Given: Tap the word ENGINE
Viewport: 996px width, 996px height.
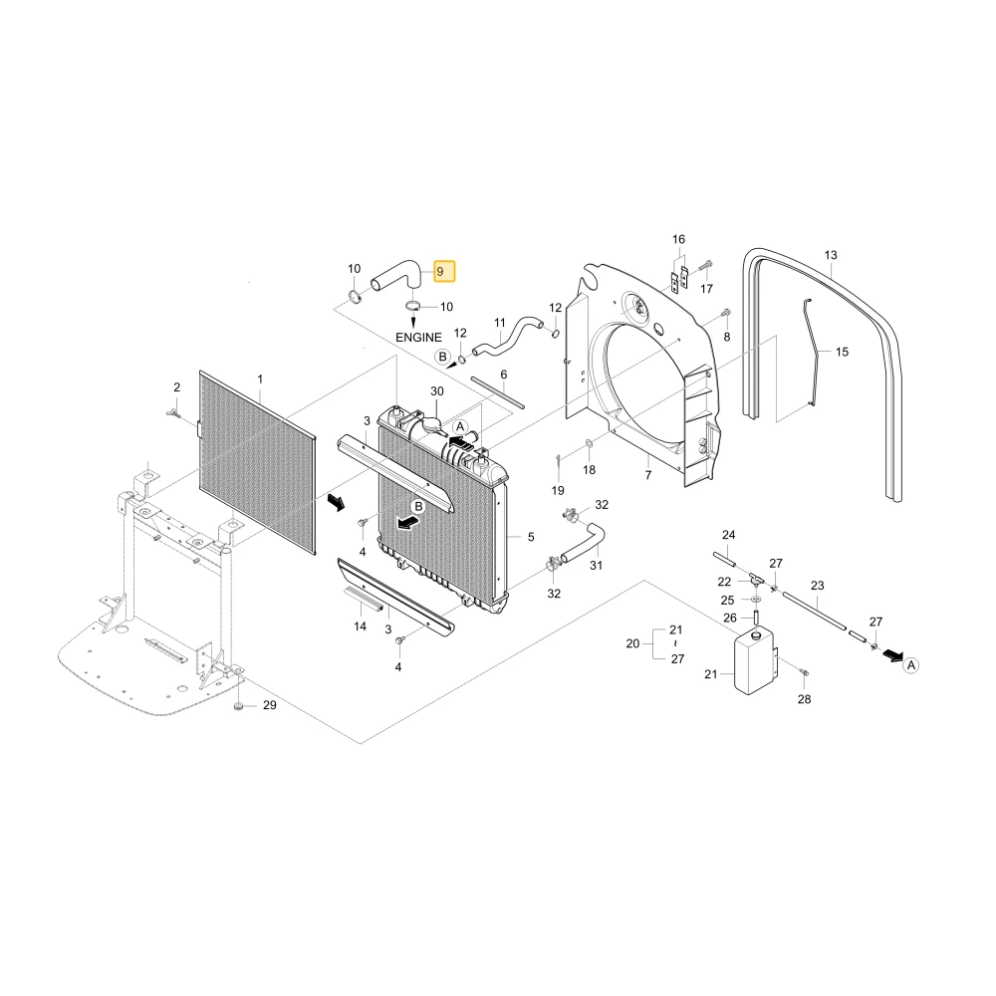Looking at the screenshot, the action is [x=418, y=338].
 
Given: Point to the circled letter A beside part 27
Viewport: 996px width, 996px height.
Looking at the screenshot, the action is [x=911, y=665].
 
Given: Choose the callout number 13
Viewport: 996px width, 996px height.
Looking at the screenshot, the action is [x=831, y=255].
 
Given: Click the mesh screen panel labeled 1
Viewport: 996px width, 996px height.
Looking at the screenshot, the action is [x=257, y=462].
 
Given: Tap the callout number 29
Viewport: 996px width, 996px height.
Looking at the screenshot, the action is [x=269, y=705].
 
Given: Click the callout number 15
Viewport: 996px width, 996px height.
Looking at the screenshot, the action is [x=842, y=352].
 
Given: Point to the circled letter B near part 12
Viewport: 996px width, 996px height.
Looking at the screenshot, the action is [x=443, y=357].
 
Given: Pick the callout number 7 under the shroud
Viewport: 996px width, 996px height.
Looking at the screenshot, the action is [x=648, y=474].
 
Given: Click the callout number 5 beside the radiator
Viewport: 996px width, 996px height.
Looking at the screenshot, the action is [x=531, y=537].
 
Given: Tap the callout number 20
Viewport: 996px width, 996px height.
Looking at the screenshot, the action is [x=632, y=643].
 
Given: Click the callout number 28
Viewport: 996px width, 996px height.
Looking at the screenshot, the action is [x=804, y=699].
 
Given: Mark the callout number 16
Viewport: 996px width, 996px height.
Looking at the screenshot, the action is [x=678, y=239].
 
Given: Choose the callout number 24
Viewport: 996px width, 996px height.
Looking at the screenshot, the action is [x=729, y=535].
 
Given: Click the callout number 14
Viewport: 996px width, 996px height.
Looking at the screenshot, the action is [x=361, y=626].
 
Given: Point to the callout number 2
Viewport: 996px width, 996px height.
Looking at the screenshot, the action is [x=176, y=386].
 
